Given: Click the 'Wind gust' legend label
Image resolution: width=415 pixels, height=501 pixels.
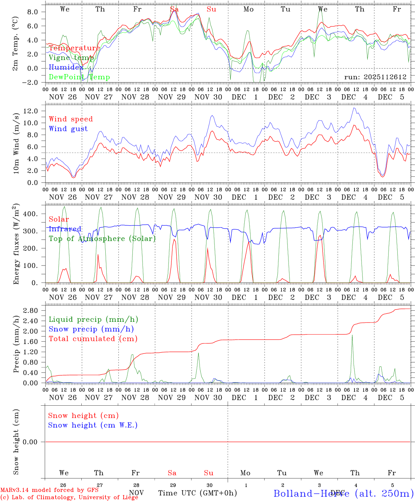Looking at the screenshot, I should pos(68,129).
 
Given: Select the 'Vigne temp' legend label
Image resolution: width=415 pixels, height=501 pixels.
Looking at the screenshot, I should pos(69,58).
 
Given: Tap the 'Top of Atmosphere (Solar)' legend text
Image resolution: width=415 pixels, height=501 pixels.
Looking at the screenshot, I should pos(102,239).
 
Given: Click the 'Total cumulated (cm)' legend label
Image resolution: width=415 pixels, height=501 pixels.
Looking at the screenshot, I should pos(93,339).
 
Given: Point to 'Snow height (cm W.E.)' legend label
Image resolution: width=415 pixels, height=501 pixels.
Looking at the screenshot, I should pos(93,425).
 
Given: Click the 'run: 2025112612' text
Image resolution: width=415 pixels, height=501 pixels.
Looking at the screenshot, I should pos(375,77).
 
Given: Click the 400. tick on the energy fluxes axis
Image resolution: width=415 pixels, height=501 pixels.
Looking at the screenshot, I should pos(32,214).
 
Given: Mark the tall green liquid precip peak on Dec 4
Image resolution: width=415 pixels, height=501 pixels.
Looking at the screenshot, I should pos(352,335).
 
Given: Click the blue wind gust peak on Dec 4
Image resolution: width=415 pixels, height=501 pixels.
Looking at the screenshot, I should pos(354,108).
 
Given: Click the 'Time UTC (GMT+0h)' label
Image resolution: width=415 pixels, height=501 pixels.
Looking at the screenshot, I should pos(197,493).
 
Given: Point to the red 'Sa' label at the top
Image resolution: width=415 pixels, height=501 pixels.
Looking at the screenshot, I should pos(174,9).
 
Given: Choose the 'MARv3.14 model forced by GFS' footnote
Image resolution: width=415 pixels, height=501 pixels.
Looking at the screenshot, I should pos(49,490).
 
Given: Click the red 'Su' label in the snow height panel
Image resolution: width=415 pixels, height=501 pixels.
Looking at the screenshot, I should pos(209,473).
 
